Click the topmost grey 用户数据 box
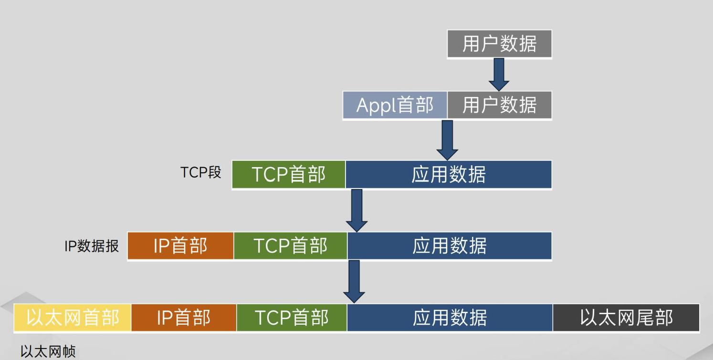[499, 44]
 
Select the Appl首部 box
[395, 105]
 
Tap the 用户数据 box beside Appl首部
[499, 105]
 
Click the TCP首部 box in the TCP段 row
[288, 175]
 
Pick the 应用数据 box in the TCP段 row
[448, 175]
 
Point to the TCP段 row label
[201, 173]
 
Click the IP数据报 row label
[92, 246]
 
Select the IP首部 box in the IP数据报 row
[180, 246]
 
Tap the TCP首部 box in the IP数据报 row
[290, 246]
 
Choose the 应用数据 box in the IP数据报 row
[449, 246]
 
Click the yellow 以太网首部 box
[72, 318]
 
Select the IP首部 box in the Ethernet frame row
[183, 318]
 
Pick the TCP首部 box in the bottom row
[291, 318]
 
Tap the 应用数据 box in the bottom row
[450, 318]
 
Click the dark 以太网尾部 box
[626, 318]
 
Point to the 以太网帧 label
[48, 352]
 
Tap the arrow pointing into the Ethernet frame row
[354, 281]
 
